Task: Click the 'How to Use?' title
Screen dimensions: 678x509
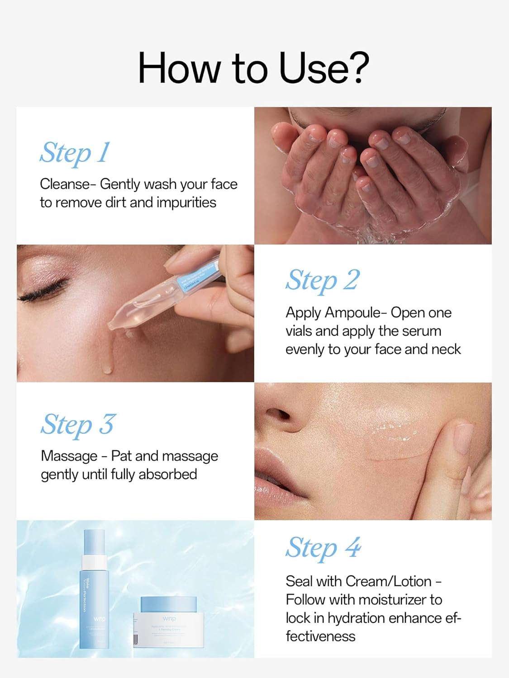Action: click(x=253, y=68)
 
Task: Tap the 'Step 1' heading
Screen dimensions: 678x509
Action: click(x=75, y=153)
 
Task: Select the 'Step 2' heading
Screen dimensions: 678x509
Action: click(x=322, y=280)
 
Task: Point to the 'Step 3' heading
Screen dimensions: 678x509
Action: click(x=78, y=425)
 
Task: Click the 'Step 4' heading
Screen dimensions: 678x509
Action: click(x=323, y=548)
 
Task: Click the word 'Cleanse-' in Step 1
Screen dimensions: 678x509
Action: click(x=68, y=184)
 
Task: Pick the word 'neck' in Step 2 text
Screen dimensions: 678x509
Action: click(x=445, y=349)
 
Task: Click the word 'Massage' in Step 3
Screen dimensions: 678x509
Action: click(x=69, y=456)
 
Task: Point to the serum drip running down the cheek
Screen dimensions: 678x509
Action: click(x=106, y=362)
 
